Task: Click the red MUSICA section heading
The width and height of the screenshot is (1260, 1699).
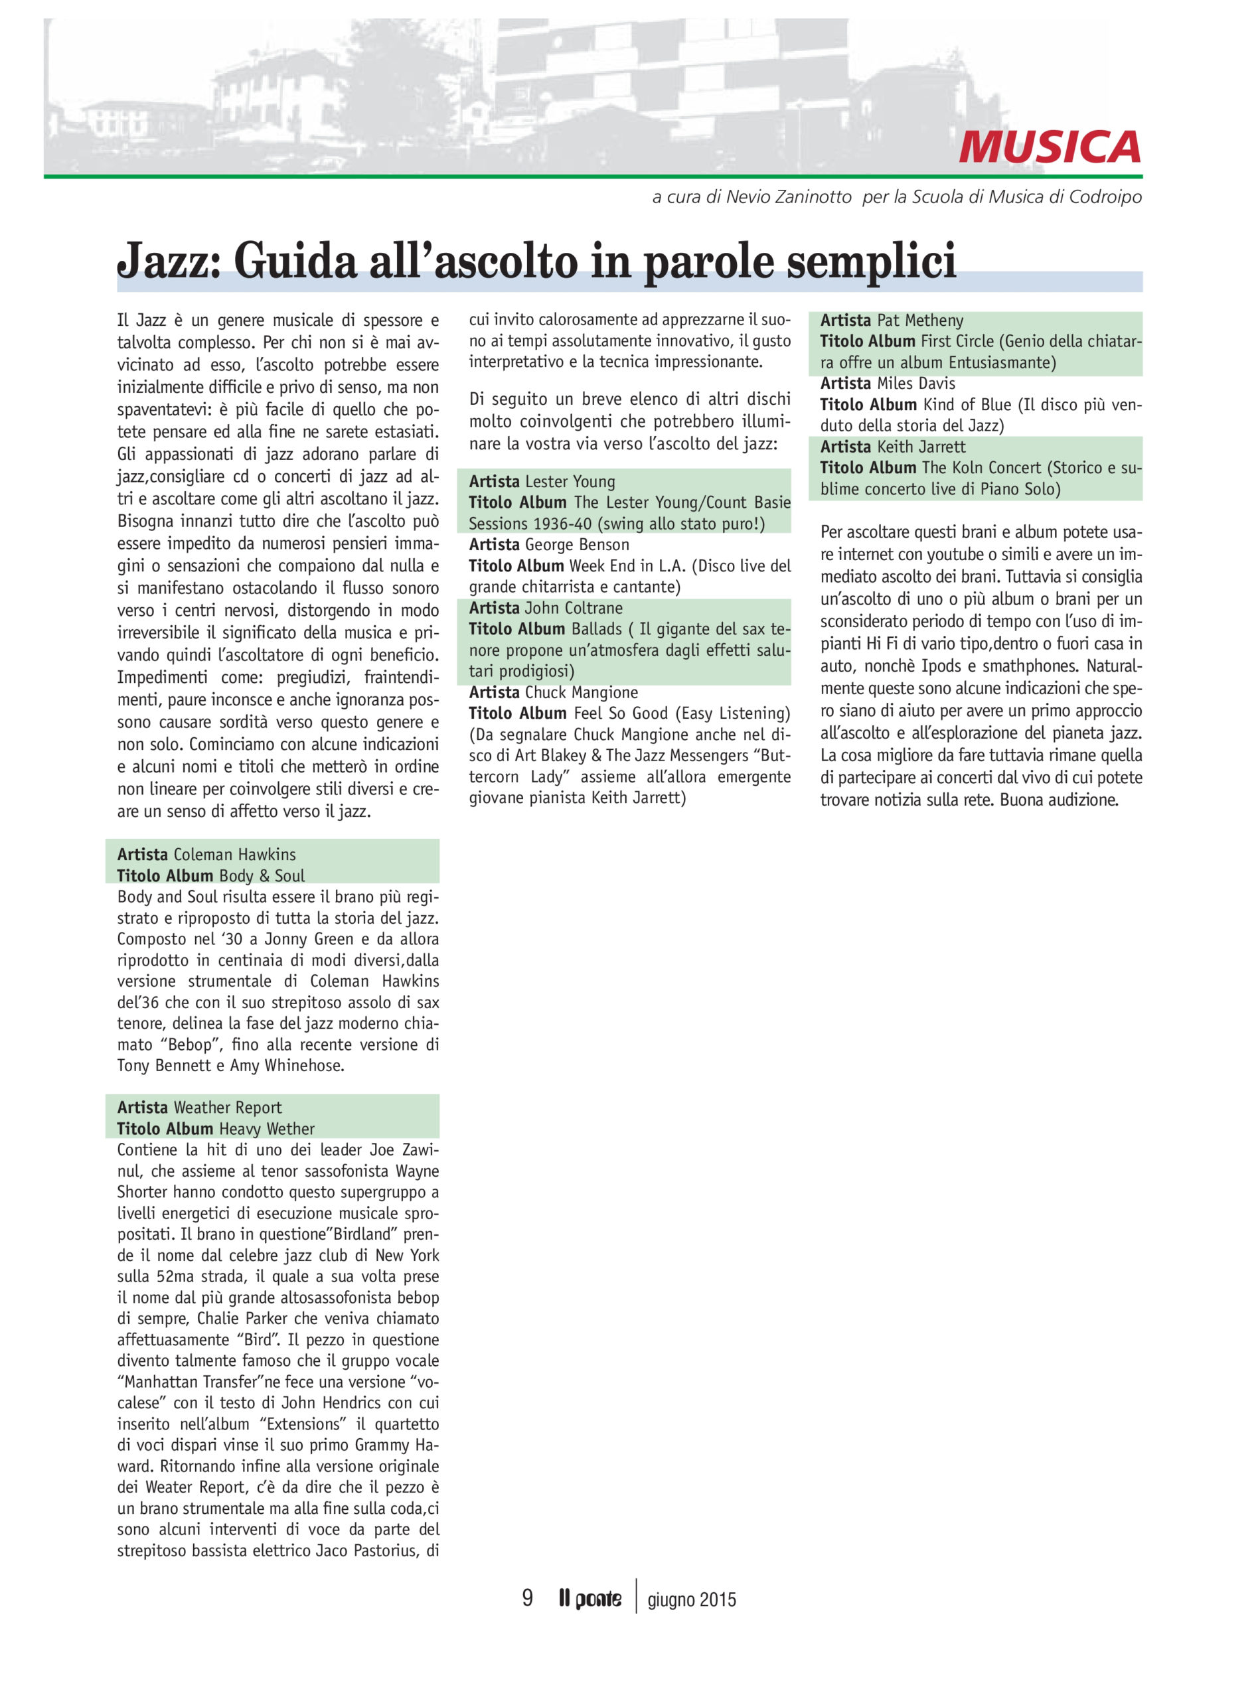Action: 1050,147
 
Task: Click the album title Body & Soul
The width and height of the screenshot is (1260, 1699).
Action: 262,875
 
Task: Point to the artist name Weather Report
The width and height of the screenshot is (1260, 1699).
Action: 227,1107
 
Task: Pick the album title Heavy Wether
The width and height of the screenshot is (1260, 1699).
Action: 266,1129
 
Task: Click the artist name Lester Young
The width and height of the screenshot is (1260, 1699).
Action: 570,481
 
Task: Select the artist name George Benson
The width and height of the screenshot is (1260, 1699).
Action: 577,544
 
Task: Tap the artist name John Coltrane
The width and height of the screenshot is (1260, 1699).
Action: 574,608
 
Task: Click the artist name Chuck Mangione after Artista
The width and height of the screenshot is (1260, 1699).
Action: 581,692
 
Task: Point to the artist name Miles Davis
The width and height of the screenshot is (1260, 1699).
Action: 916,384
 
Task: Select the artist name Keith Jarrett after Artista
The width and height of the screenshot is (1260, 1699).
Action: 921,447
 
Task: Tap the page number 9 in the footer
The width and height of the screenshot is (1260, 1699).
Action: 527,1597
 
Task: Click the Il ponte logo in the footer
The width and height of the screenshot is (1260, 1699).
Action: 590,1598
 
